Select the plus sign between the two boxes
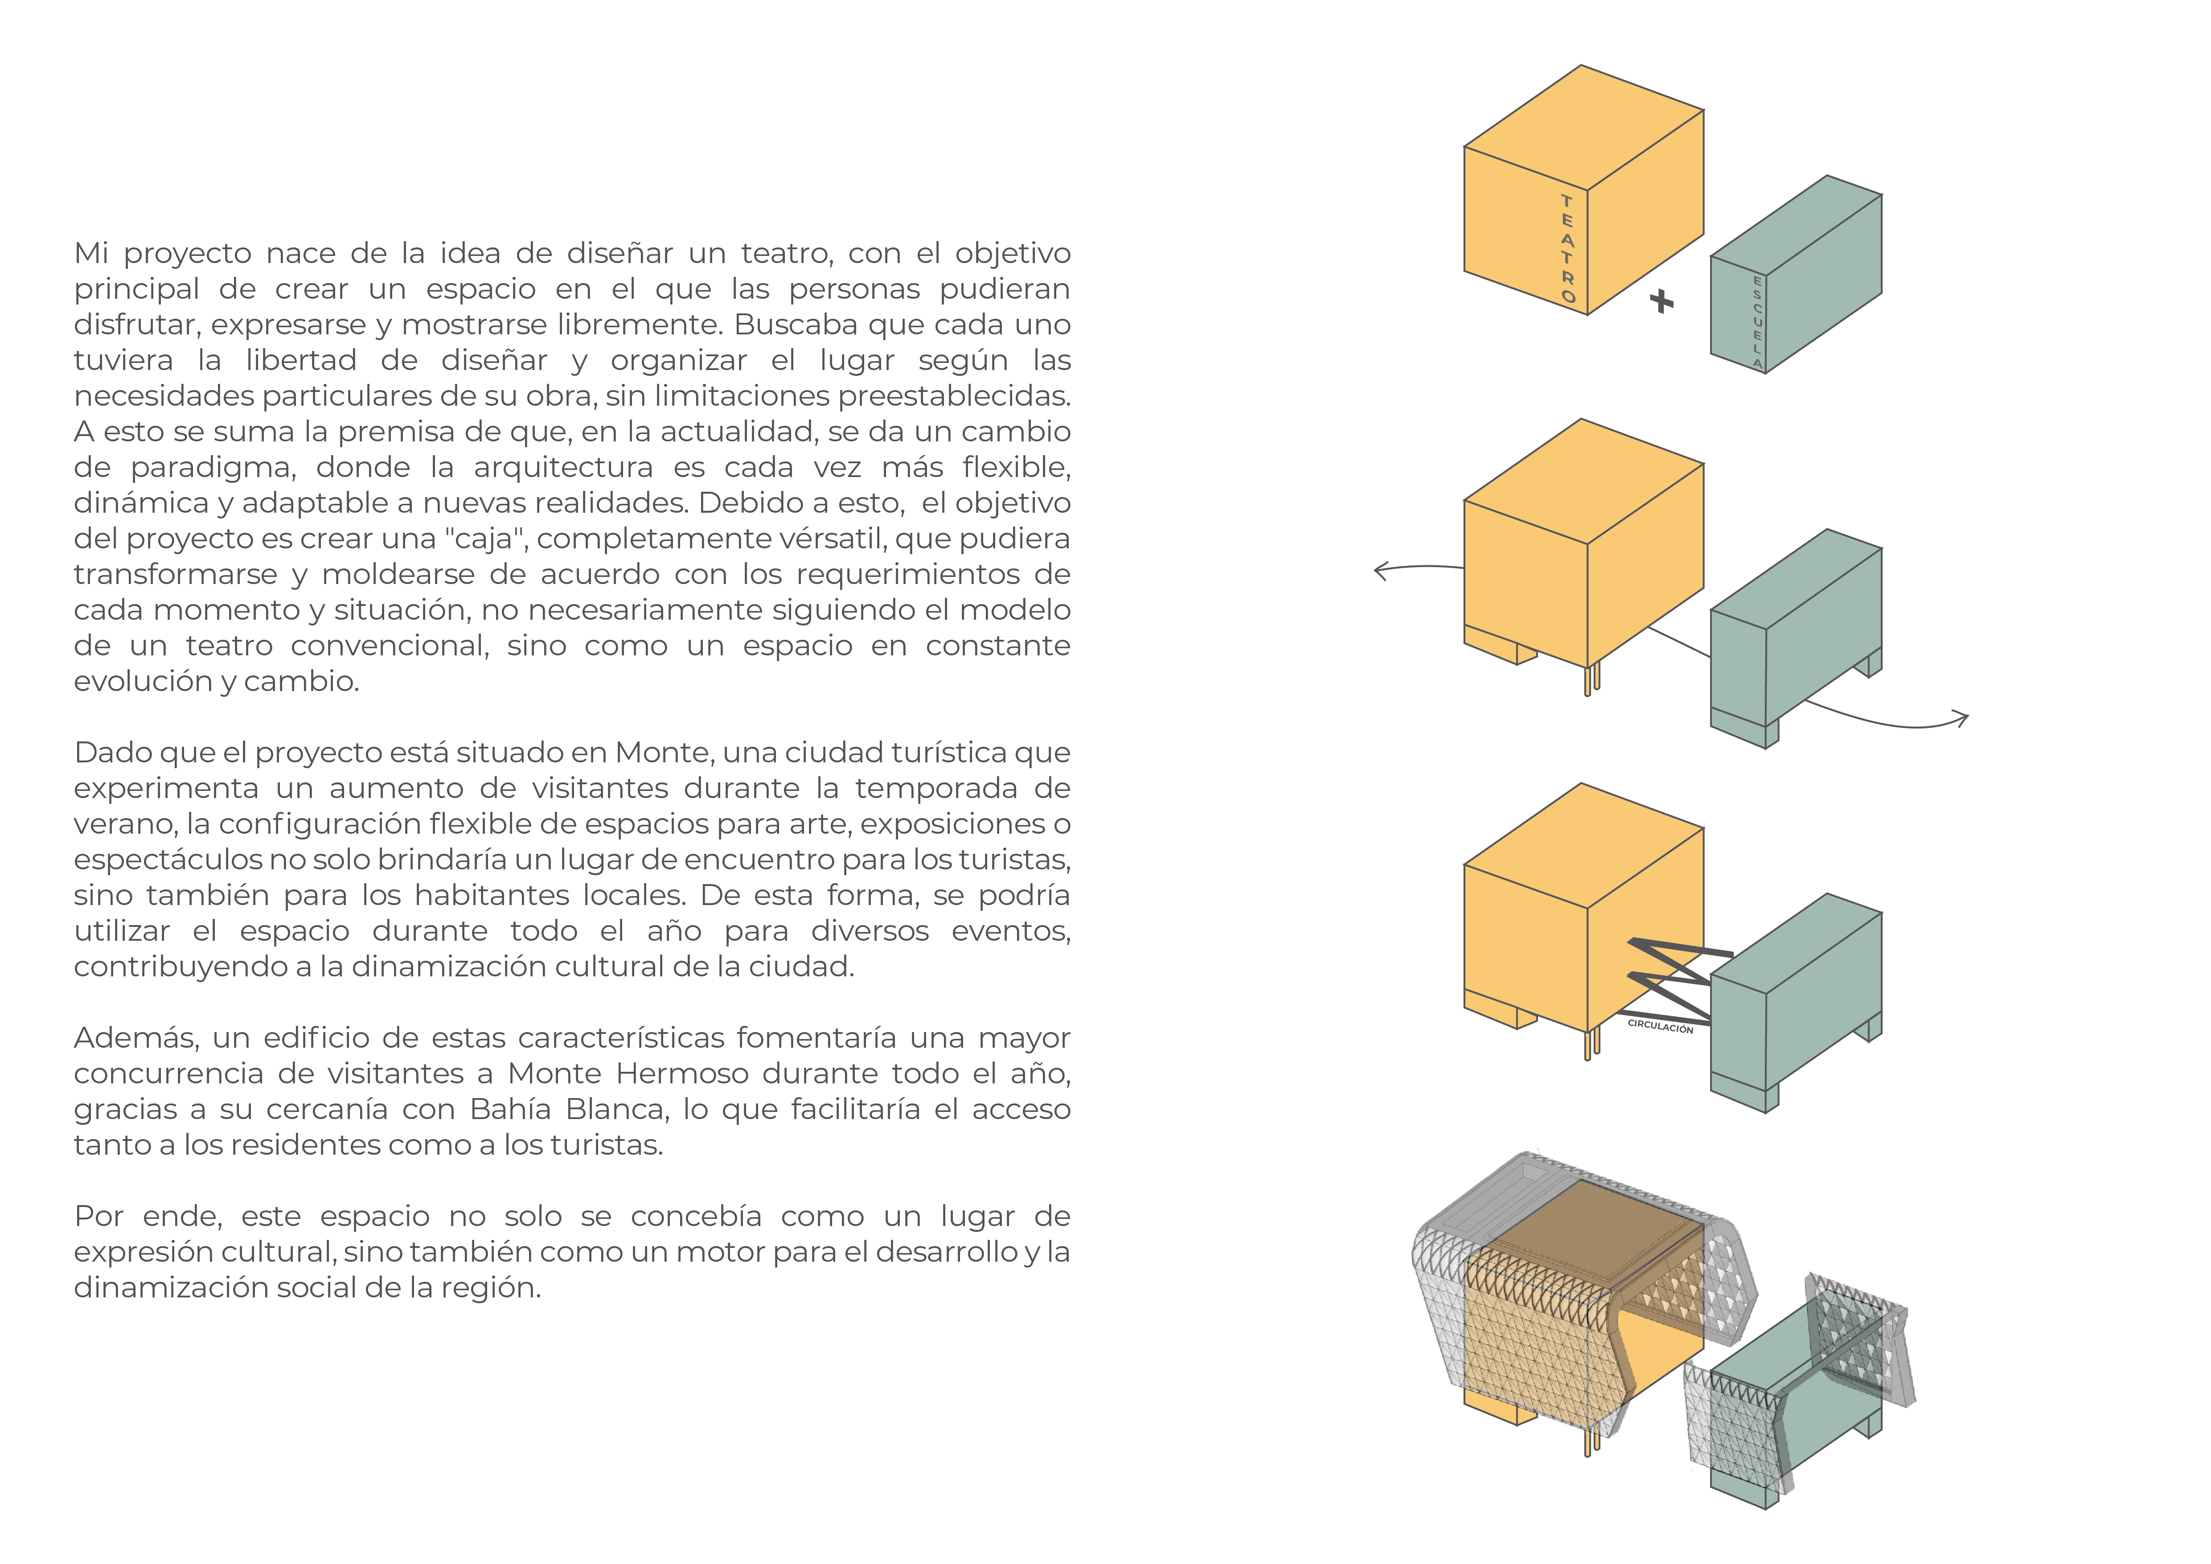(x=1661, y=301)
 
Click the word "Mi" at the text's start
(x=91, y=253)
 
